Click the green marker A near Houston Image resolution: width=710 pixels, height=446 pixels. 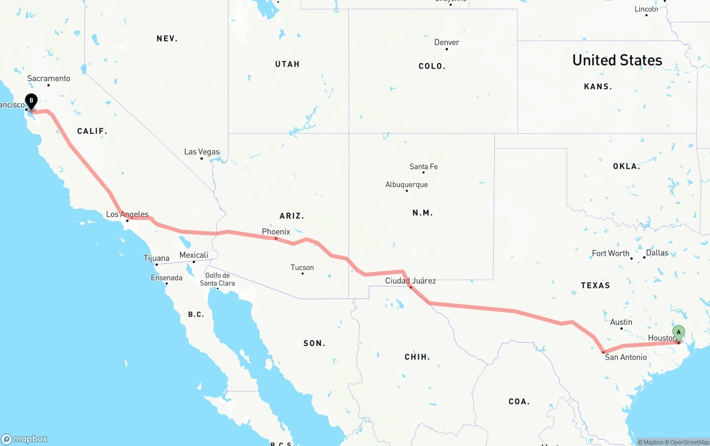click(678, 333)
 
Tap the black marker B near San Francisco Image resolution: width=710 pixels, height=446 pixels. click(32, 102)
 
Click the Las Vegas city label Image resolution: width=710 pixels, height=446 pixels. click(202, 152)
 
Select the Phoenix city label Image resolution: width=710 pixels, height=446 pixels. click(276, 232)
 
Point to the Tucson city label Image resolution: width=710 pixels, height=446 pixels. click(302, 268)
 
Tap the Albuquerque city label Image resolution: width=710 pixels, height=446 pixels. click(407, 184)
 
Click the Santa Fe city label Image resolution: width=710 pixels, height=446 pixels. click(423, 167)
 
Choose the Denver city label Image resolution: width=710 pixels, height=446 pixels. click(447, 42)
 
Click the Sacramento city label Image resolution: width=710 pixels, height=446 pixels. click(49, 78)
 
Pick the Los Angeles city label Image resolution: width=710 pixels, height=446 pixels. click(127, 214)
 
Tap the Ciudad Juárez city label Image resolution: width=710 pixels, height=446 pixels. click(410, 280)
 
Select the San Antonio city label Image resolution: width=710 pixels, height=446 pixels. click(626, 357)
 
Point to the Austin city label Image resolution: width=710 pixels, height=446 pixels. click(621, 322)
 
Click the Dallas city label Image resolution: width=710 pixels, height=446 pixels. click(657, 253)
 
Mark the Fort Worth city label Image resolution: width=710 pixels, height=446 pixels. click(611, 253)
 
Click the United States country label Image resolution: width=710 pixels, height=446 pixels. click(617, 60)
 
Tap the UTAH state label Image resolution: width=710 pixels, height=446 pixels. click(287, 64)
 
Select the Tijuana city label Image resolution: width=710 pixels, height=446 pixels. click(156, 258)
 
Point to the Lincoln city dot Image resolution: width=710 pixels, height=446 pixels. click(646, 15)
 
